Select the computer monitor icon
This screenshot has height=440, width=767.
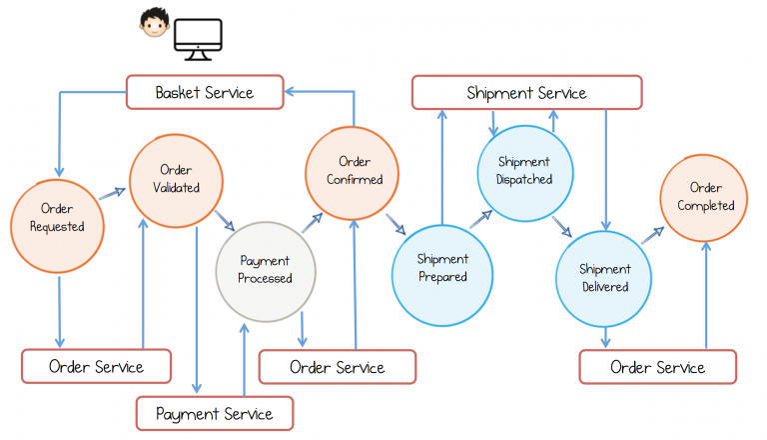point(198,39)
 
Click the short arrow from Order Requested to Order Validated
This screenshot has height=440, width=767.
point(112,194)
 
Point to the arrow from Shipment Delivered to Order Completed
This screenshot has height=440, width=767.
point(653,235)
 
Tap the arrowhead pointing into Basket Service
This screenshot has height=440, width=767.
point(289,91)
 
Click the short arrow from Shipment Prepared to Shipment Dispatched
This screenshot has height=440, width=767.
point(481,219)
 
